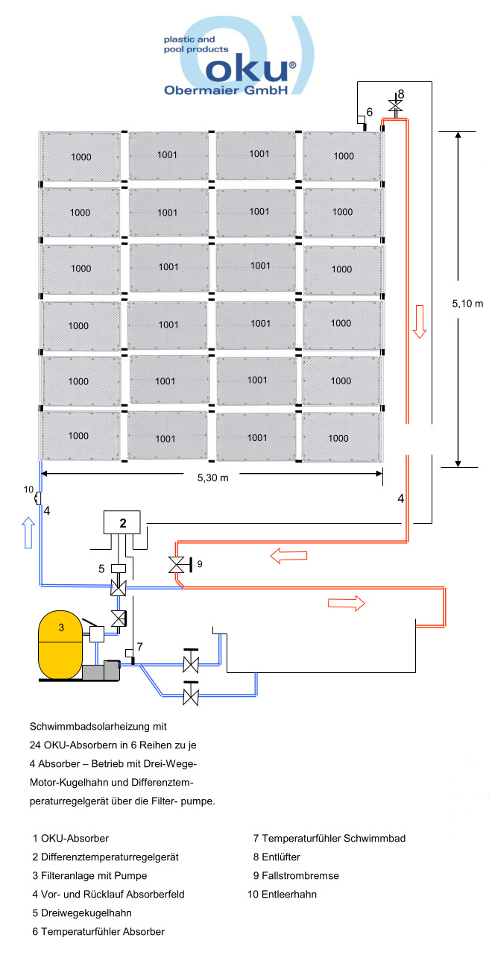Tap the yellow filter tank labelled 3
[x=62, y=644]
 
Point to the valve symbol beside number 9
[x=177, y=565]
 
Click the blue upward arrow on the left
[x=28, y=534]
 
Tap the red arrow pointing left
[x=288, y=556]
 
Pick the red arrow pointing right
[x=347, y=601]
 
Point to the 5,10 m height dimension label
[x=468, y=304]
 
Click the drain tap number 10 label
[x=28, y=489]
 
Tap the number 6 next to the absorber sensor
[x=368, y=113]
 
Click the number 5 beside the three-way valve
[x=101, y=568]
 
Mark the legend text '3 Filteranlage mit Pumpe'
[x=89, y=875]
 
